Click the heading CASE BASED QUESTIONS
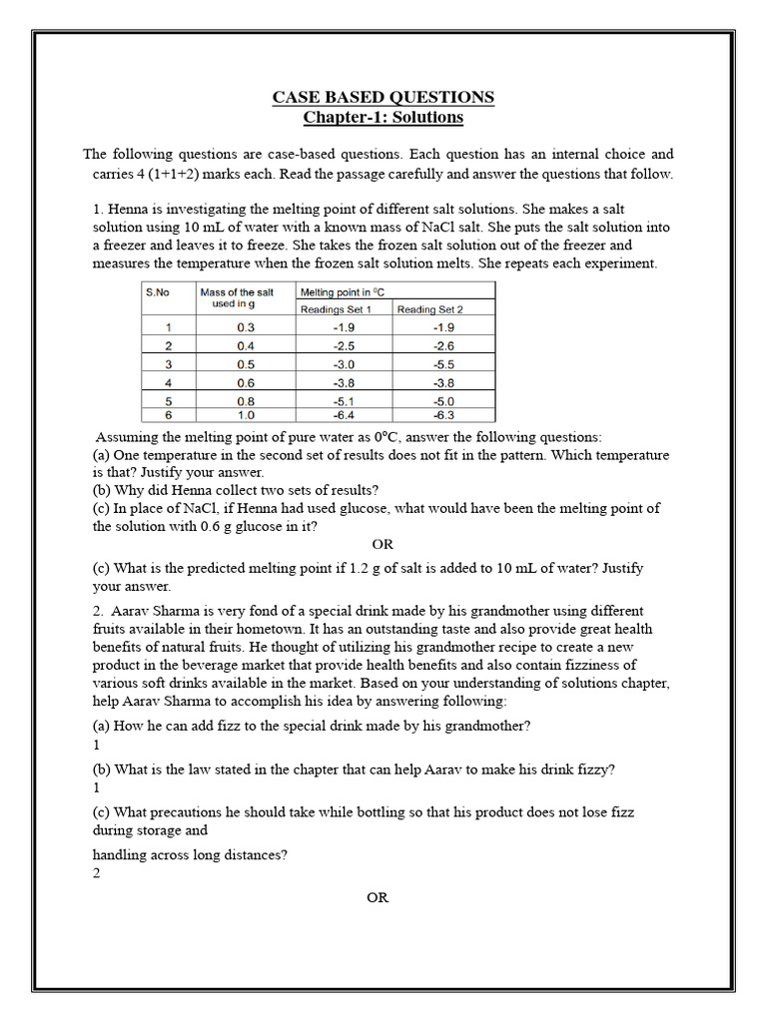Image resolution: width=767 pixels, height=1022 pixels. (x=383, y=97)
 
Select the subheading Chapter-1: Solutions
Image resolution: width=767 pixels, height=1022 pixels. (x=383, y=118)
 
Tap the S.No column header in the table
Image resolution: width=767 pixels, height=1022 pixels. (x=158, y=291)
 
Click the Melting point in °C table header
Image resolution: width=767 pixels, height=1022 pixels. (x=343, y=291)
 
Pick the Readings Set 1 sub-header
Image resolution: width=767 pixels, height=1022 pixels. (x=336, y=309)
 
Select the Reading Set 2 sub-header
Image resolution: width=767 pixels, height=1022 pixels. (x=430, y=309)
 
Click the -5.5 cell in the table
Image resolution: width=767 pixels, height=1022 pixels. (x=444, y=364)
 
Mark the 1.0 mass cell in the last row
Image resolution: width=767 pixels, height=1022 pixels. (x=246, y=414)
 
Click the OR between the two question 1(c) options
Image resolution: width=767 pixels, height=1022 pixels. (x=383, y=545)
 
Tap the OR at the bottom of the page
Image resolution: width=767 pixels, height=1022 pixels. (x=378, y=897)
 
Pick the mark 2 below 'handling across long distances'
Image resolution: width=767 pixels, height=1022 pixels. (x=97, y=873)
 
